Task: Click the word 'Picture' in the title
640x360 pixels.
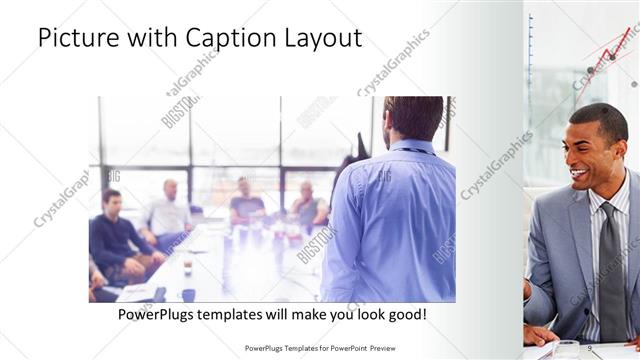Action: click(x=80, y=38)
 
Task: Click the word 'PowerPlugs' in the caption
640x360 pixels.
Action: click(x=158, y=315)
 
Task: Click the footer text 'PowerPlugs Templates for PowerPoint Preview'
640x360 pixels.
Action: click(x=327, y=348)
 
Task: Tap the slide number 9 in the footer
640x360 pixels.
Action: click(x=592, y=347)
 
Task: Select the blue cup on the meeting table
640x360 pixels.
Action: click(x=188, y=294)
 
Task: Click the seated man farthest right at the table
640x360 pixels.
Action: click(x=308, y=205)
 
